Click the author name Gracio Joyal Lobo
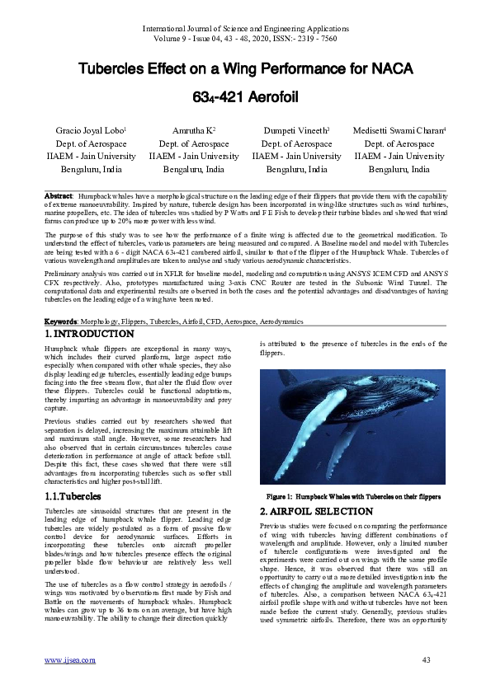coord(89,131)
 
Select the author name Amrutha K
coord(192,131)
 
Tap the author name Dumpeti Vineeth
coord(295,131)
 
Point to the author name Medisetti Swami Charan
coord(399,131)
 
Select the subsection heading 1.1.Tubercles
coord(73,497)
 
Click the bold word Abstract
coord(60,195)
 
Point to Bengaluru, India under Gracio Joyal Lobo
coord(89,169)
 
